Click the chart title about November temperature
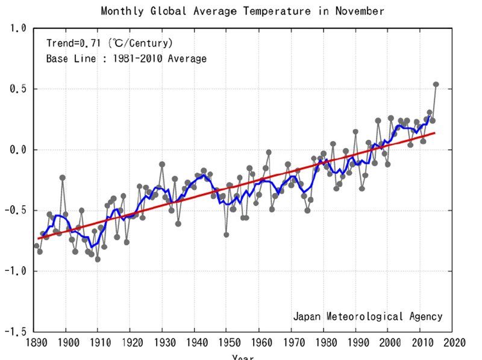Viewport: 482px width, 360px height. tap(242, 11)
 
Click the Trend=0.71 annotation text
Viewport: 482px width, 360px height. tap(110, 43)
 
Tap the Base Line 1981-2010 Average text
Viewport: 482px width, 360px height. tap(126, 59)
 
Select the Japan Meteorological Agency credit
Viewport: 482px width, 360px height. tap(368, 316)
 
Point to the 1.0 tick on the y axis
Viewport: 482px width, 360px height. tap(17, 28)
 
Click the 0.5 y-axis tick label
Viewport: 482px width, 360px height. tap(17, 89)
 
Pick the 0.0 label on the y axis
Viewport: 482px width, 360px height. tap(17, 150)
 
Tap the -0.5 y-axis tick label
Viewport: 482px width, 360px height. tap(14, 211)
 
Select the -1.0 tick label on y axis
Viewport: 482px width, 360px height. tap(14, 272)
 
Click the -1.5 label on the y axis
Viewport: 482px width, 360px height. tap(14, 332)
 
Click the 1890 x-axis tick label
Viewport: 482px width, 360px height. tap(34, 343)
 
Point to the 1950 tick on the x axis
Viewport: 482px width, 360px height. tap(227, 343)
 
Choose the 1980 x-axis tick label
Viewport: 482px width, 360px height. tap(324, 343)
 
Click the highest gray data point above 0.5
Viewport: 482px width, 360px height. tap(436, 84)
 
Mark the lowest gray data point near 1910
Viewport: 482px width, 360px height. tap(98, 259)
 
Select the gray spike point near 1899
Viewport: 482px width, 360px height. tap(62, 178)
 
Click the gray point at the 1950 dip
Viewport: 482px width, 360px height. tap(227, 234)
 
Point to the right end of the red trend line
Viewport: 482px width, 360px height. tap(435, 133)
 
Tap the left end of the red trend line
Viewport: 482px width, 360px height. tap(37, 238)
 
